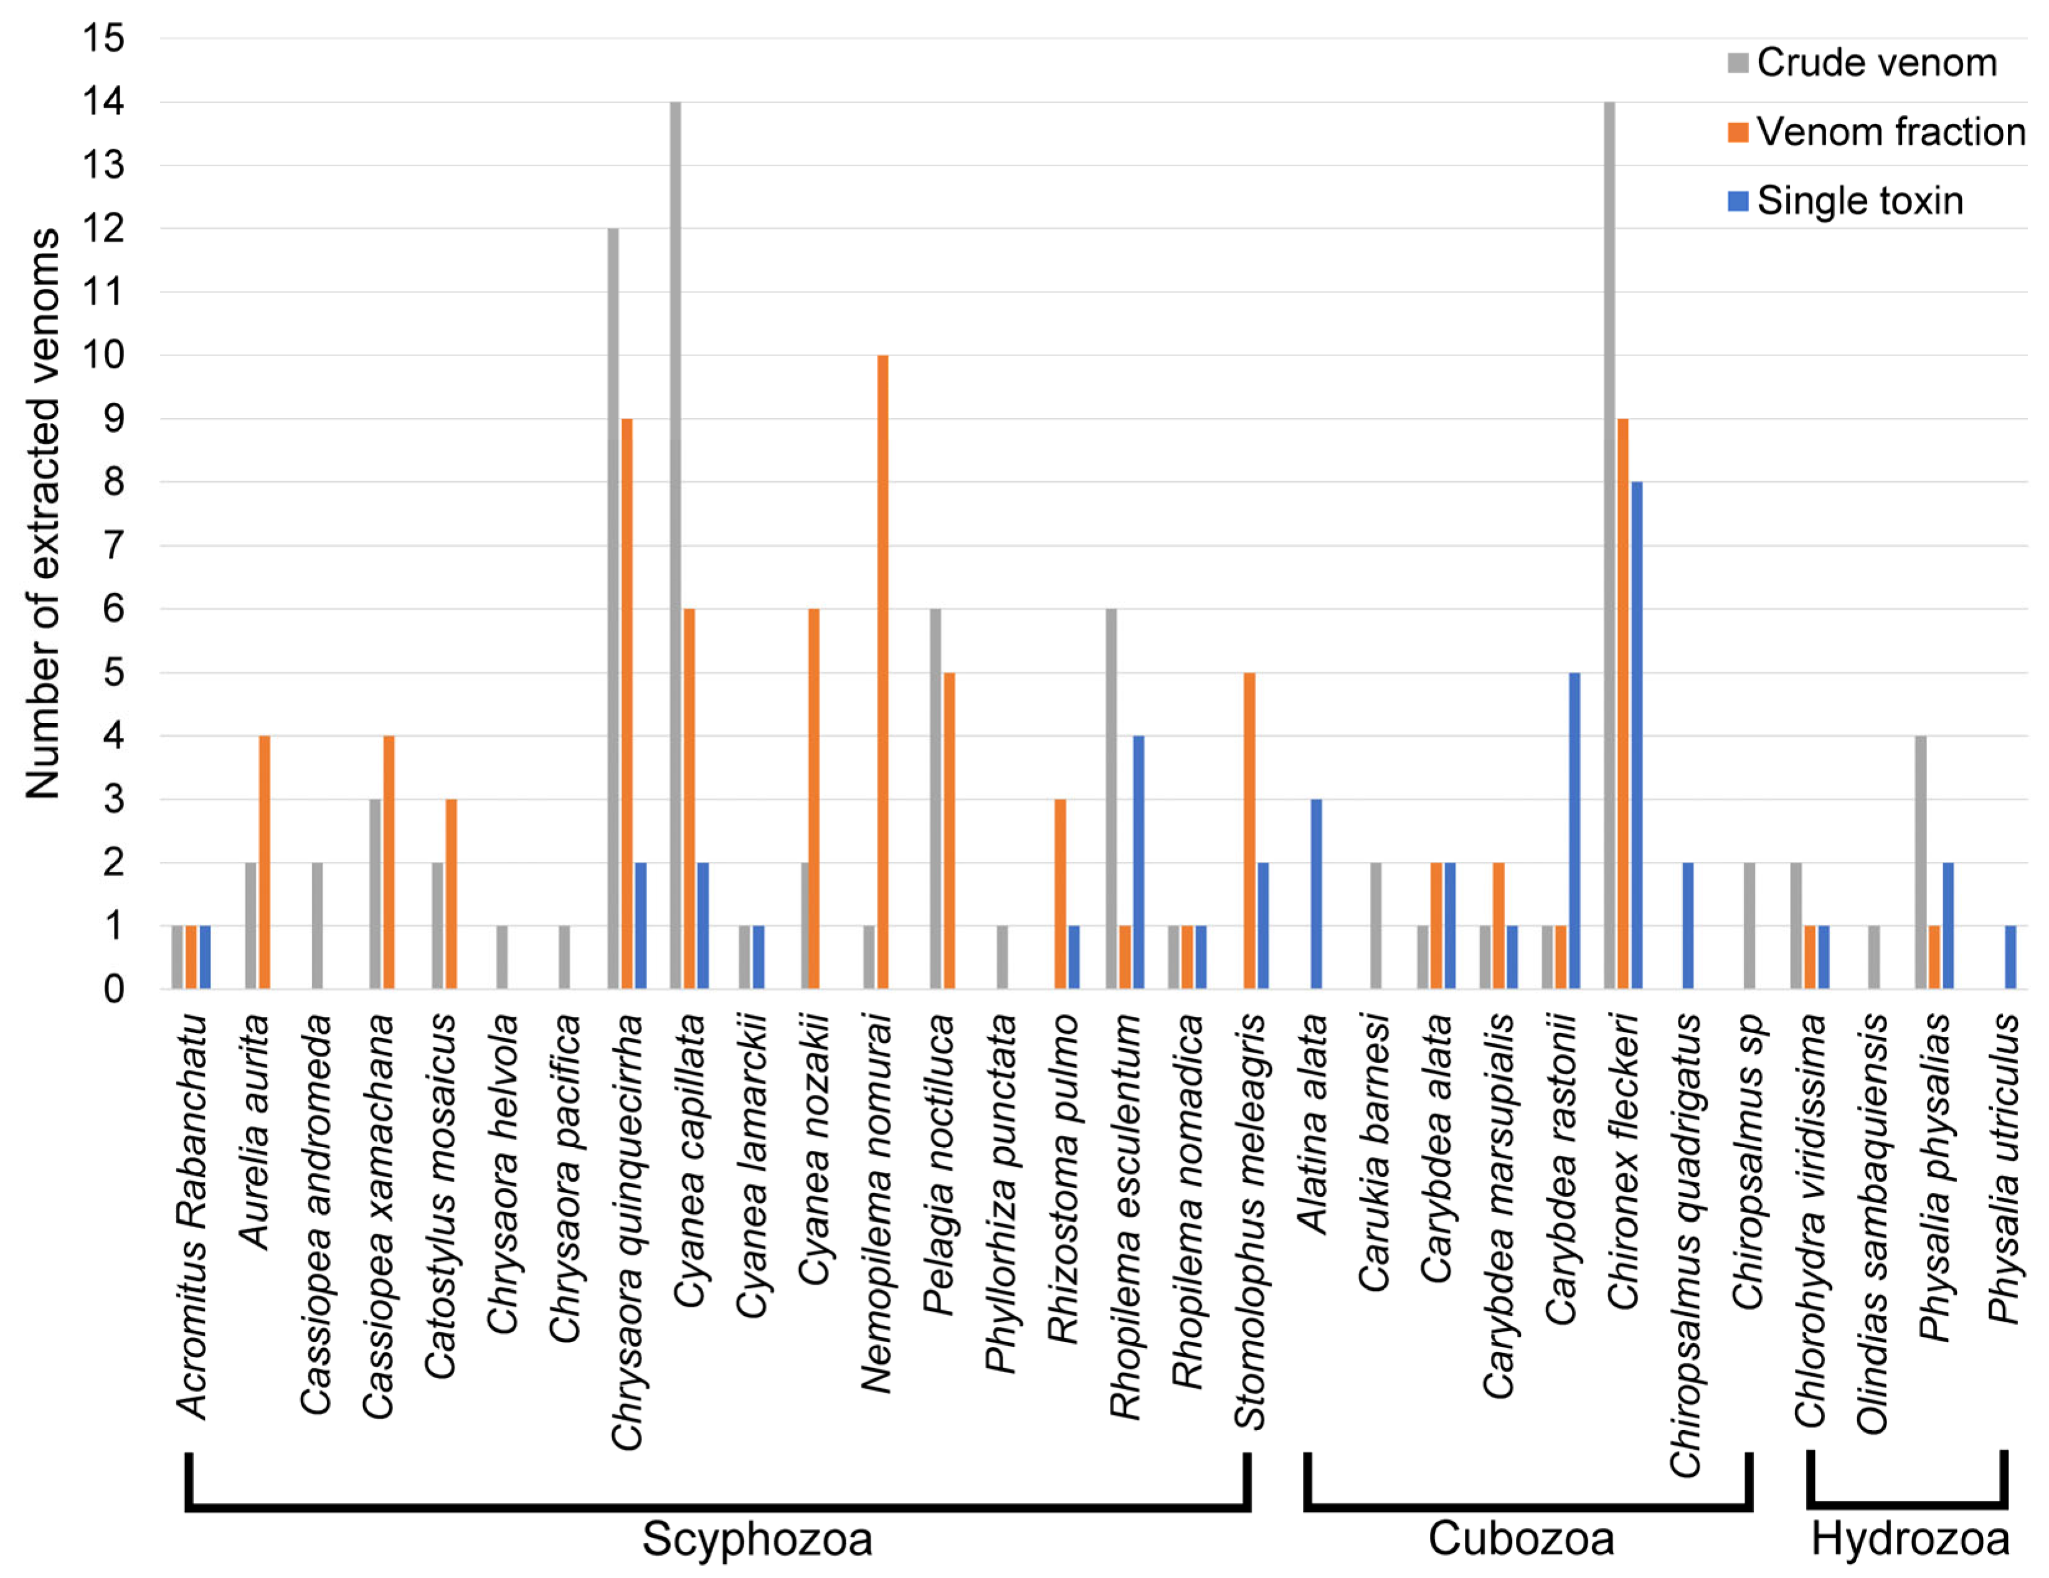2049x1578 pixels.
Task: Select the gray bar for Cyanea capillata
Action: point(676,544)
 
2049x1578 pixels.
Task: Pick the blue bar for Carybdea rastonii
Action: point(1574,830)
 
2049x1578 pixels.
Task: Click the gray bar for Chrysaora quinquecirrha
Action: point(613,608)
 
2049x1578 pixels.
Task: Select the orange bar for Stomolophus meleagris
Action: point(1249,830)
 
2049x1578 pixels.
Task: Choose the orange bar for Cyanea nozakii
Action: point(813,798)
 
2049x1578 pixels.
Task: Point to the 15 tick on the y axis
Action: point(104,39)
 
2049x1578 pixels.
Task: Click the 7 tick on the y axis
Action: point(113,545)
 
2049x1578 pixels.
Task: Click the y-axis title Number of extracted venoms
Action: point(43,513)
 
